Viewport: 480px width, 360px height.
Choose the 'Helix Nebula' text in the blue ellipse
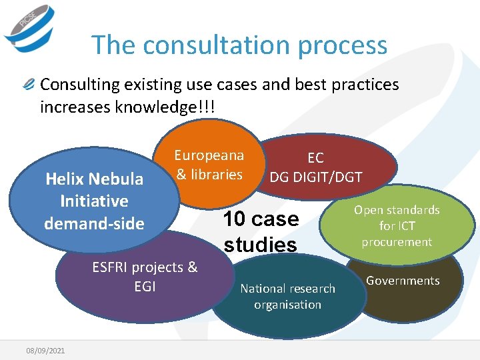click(x=94, y=179)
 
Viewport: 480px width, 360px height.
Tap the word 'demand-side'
click(x=94, y=223)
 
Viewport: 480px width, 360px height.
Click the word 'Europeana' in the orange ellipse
click(x=209, y=155)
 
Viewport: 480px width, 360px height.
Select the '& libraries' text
click(x=209, y=175)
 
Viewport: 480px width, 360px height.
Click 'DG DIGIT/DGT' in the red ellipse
click(x=315, y=177)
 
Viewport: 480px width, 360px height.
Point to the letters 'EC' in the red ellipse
click(x=315, y=158)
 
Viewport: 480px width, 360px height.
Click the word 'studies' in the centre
click(x=260, y=245)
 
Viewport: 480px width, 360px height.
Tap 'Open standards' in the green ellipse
click(x=397, y=210)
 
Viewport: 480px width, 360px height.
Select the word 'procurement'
click(x=397, y=241)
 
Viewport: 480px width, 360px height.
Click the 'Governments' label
click(x=403, y=281)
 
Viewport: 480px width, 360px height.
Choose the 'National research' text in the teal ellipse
click(x=287, y=289)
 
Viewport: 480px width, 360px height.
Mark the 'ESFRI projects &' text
click(x=145, y=267)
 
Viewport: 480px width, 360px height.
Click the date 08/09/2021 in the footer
click(x=46, y=350)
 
